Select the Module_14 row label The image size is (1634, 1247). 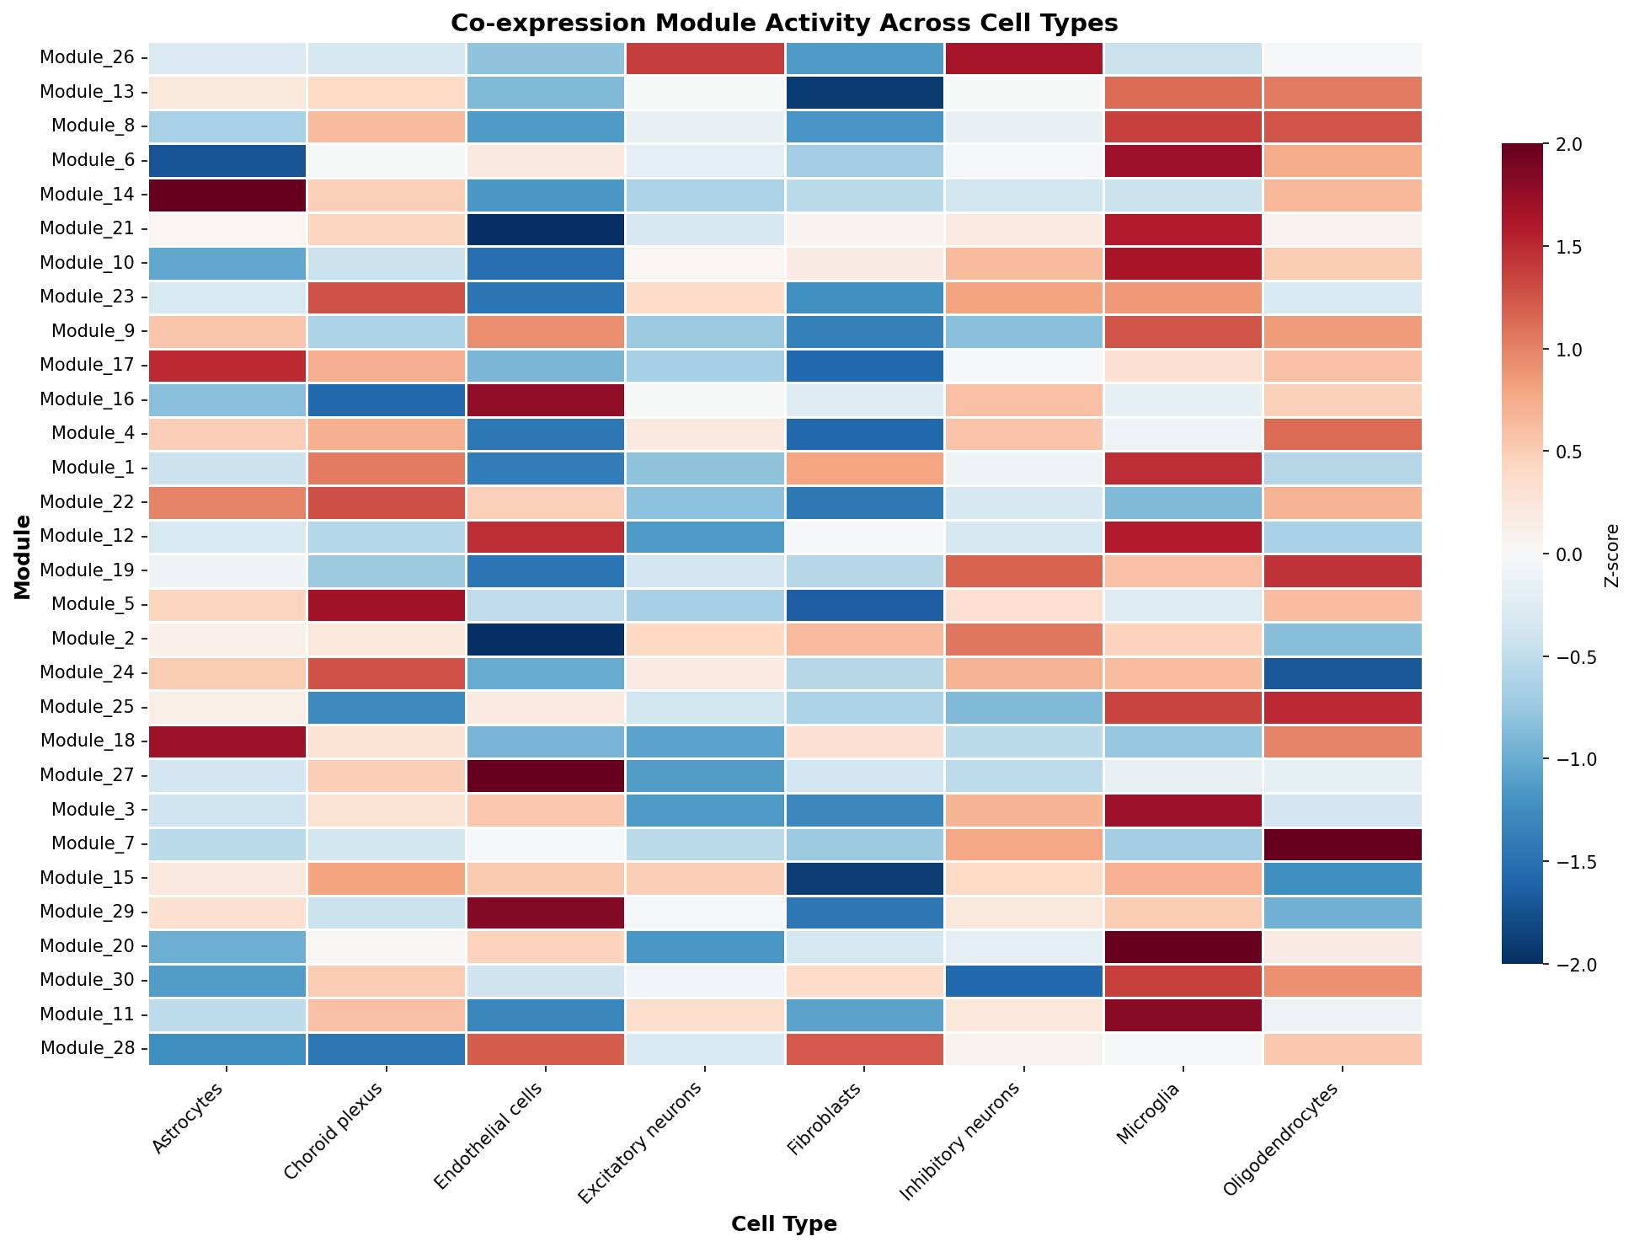88,195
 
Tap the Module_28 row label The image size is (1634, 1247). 88,1049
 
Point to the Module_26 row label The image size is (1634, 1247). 88,58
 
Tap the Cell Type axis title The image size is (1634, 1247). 784,1224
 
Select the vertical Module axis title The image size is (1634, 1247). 23,557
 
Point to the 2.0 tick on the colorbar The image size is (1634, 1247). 1564,144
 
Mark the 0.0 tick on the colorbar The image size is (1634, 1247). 1564,554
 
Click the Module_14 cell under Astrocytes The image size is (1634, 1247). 227,195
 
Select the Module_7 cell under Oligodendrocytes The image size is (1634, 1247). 1343,843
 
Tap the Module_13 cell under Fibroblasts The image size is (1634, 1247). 865,92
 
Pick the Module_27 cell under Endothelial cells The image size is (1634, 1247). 546,775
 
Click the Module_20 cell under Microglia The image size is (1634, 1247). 1183,946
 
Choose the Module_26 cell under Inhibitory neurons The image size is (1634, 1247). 1024,58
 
